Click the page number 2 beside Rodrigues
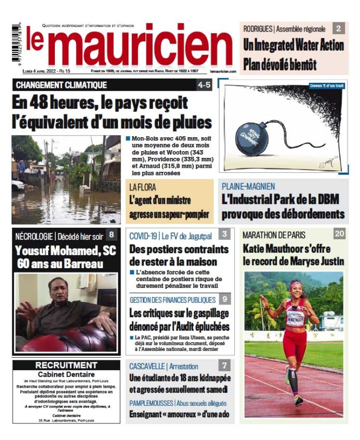click(338, 29)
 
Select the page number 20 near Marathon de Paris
click(339, 234)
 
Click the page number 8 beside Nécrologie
click(111, 235)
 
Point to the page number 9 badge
click(225, 299)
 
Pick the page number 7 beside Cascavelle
click(225, 365)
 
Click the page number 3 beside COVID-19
click(225, 234)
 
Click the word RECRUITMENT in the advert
click(66, 365)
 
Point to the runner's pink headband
click(295, 284)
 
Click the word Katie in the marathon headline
click(255, 248)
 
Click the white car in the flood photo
click(18, 185)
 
